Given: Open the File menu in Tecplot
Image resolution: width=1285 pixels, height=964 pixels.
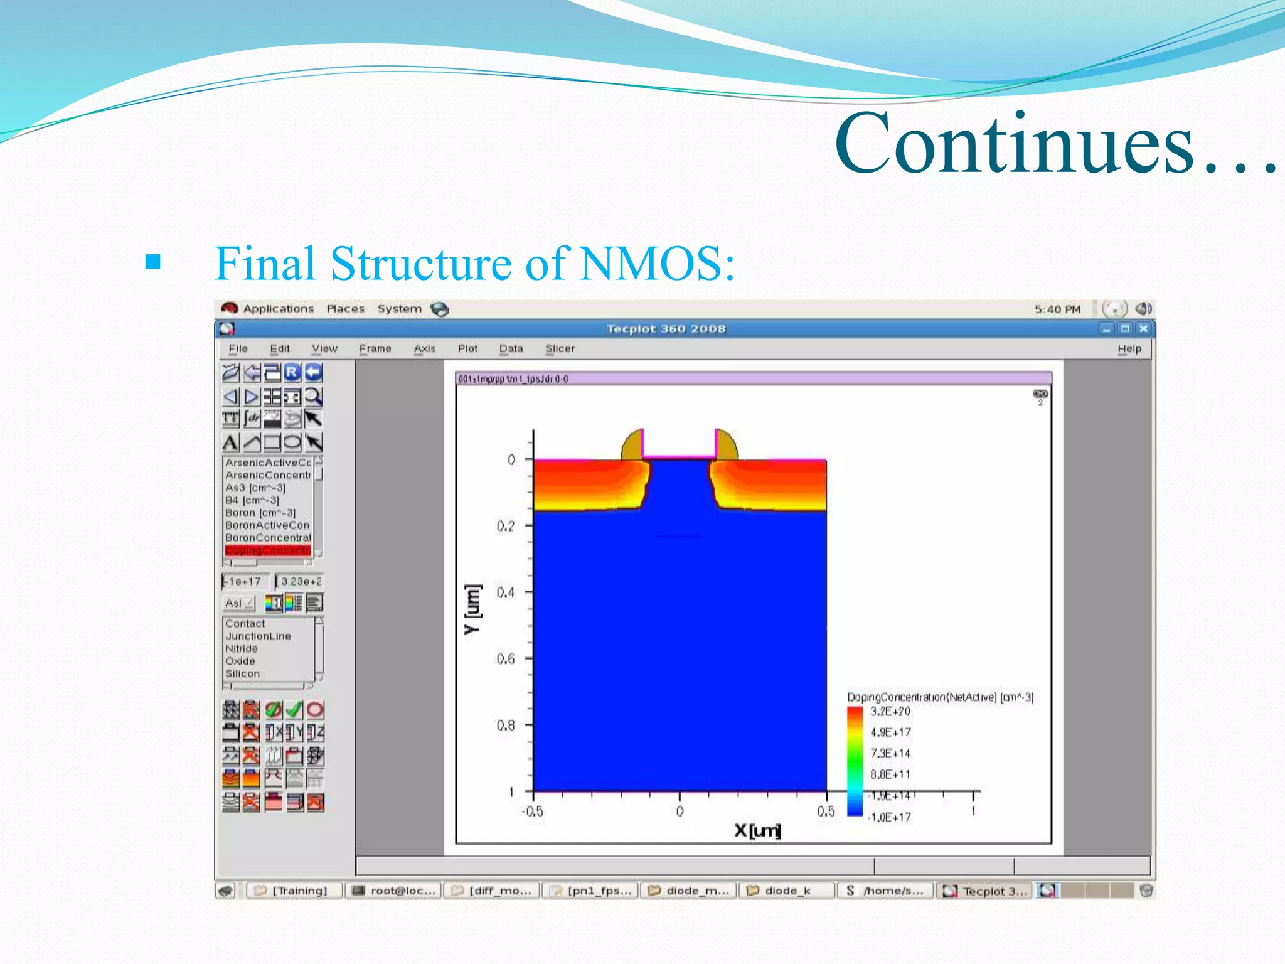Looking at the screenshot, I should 238,349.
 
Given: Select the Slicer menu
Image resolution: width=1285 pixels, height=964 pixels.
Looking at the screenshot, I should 560,349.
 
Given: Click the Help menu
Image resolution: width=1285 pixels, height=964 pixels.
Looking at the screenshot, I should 1129,349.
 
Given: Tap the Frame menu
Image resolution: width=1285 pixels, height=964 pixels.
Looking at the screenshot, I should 375,349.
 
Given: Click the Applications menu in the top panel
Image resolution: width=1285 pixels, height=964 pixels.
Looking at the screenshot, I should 278,309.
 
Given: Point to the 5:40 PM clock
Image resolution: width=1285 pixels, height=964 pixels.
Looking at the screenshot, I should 1057,309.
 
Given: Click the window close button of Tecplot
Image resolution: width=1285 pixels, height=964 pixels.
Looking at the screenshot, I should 1143,328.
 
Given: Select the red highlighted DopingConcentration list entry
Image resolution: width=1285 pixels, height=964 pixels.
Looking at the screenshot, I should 267,550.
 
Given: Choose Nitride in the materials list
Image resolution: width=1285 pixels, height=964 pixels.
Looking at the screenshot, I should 242,648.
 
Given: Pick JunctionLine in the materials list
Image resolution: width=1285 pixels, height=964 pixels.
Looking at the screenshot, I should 258,636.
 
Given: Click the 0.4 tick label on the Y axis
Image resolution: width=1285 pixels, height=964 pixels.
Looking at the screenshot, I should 505,592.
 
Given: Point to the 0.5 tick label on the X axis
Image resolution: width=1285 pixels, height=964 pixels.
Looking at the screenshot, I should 826,811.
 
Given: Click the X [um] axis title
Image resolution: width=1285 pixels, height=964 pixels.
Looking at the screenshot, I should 757,831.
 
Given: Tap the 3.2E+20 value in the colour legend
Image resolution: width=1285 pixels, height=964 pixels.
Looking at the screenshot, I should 890,711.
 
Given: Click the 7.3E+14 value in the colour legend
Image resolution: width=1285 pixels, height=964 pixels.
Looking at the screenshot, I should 890,753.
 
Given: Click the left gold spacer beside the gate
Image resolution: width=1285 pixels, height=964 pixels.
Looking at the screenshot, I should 632,445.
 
